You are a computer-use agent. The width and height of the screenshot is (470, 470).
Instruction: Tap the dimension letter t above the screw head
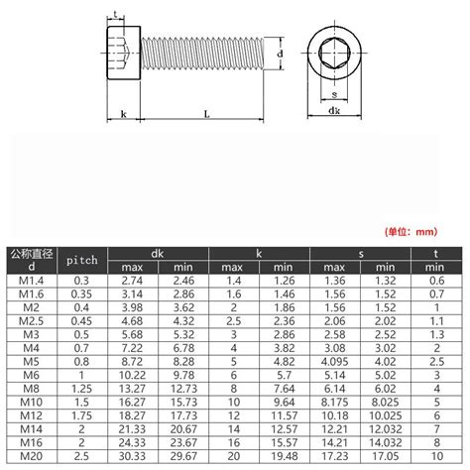tap(119, 13)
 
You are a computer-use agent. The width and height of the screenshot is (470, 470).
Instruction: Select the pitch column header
tap(80, 260)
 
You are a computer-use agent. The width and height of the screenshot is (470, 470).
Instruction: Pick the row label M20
tap(29, 457)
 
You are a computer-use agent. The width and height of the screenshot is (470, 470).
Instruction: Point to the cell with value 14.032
tap(383, 443)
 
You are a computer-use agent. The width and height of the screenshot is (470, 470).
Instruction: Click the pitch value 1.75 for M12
tap(80, 416)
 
